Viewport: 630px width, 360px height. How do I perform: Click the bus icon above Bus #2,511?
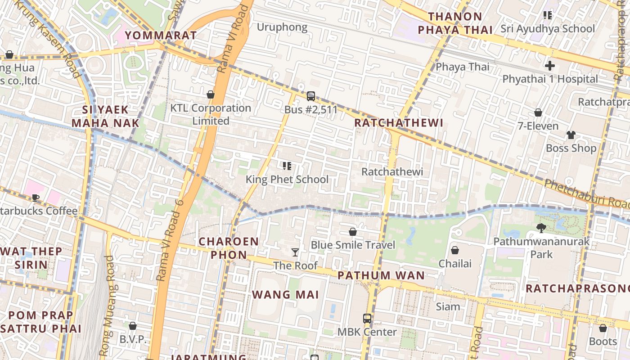click(310, 96)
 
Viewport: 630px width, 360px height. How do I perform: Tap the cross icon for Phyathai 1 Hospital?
click(549, 66)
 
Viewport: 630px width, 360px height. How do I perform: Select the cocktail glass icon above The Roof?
click(295, 252)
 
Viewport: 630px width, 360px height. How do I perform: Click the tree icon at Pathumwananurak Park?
click(541, 228)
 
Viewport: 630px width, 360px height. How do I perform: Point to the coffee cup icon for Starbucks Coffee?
click(36, 198)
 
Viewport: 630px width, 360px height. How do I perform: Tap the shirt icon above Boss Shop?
click(571, 135)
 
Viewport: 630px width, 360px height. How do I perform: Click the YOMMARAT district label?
click(161, 35)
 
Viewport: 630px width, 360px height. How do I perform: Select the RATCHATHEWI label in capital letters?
click(399, 123)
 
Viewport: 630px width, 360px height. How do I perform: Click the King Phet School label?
click(287, 180)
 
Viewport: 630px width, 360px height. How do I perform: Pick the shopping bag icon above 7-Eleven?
click(538, 112)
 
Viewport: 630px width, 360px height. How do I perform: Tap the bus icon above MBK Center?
click(367, 319)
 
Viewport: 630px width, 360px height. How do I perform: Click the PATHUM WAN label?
click(381, 275)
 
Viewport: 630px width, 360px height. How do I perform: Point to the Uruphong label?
click(282, 27)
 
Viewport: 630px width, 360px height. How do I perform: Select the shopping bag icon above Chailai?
click(455, 250)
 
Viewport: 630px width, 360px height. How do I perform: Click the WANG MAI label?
click(285, 295)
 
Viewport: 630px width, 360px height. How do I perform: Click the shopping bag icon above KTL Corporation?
click(210, 94)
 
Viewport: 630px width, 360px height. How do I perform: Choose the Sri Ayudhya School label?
click(548, 29)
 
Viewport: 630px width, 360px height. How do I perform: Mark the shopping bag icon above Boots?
click(603, 328)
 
